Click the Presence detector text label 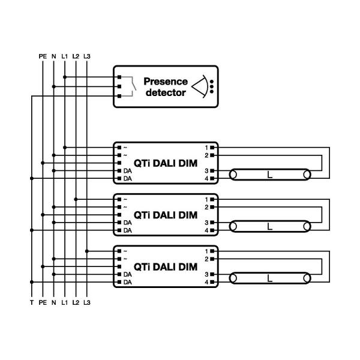166,87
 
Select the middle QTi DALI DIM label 165,215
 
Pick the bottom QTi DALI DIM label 165,266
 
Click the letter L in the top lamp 269,175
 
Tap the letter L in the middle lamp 269,226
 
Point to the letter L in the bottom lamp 269,278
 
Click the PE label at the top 42,56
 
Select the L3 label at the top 87,56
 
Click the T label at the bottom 31,304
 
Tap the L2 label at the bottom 76,304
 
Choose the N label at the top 53,56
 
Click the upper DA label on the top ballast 127,171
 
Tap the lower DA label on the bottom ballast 127,282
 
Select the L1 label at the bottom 64,304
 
